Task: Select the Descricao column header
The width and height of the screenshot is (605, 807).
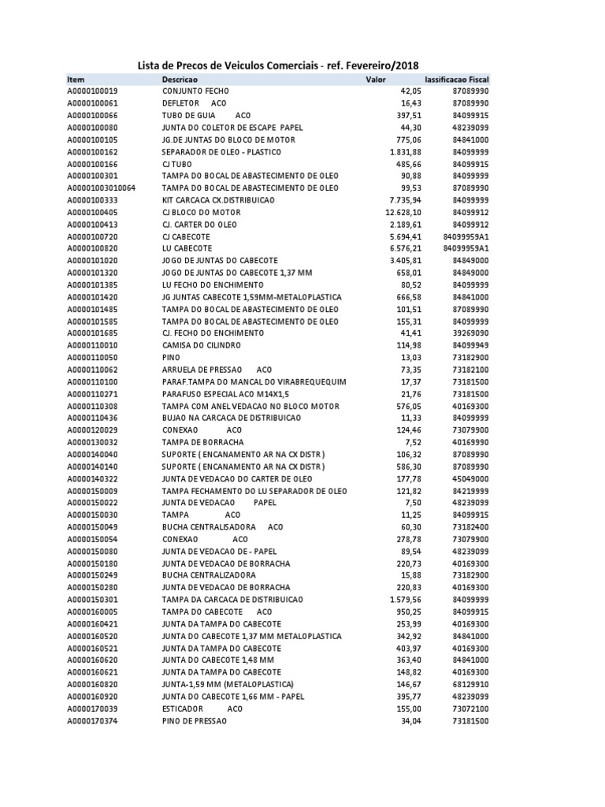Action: (x=180, y=80)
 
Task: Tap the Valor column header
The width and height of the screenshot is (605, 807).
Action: (x=376, y=80)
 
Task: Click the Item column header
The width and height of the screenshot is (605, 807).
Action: (x=76, y=80)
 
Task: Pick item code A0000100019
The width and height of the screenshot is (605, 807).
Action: (x=92, y=91)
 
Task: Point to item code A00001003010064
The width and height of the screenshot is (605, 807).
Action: (x=102, y=188)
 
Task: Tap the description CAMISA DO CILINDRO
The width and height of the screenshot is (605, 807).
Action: (x=201, y=345)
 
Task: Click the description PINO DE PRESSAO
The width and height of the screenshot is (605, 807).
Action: (x=194, y=721)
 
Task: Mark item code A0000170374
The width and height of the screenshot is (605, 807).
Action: (x=92, y=721)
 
